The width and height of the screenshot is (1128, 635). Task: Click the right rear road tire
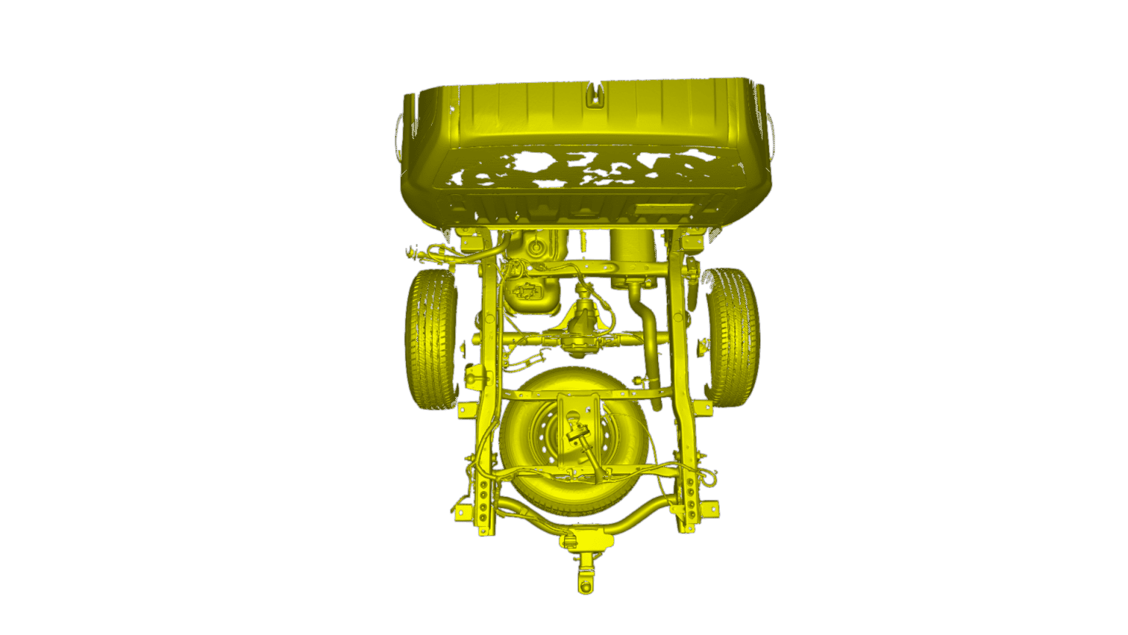pos(732,337)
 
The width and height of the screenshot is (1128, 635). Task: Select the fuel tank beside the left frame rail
pos(532,294)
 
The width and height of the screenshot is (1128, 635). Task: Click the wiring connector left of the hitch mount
pos(568,542)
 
